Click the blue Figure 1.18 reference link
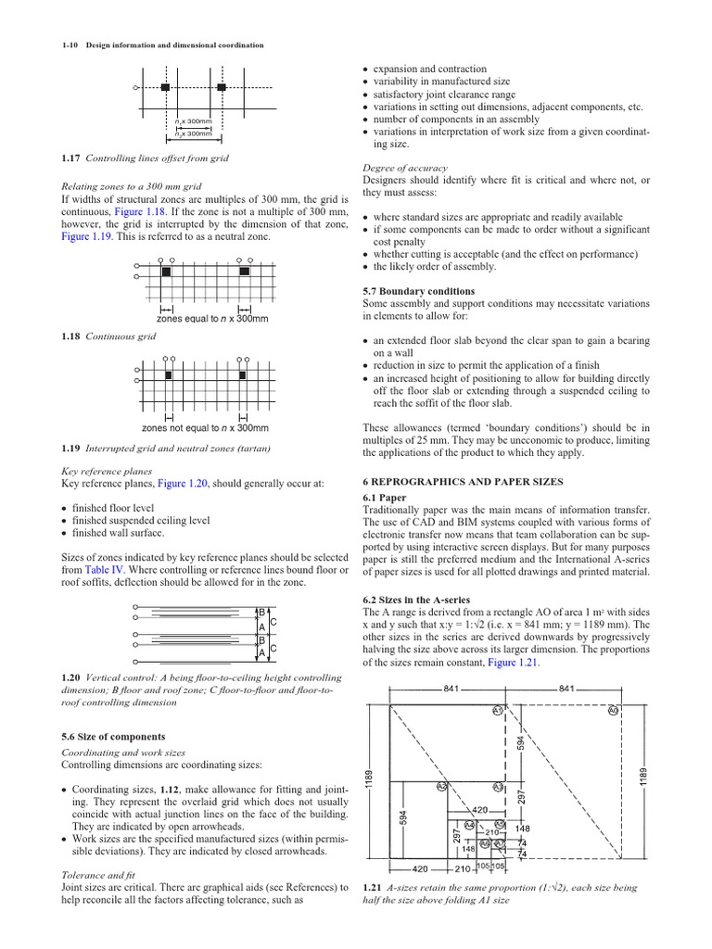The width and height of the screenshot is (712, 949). [x=141, y=211]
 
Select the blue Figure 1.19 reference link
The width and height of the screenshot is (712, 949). [x=89, y=236]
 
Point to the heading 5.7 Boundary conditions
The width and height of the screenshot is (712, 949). [x=419, y=291]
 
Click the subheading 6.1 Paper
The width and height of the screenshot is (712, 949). [x=384, y=498]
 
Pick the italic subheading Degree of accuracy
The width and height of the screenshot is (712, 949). [x=405, y=168]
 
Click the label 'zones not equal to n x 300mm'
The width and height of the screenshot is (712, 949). [x=205, y=428]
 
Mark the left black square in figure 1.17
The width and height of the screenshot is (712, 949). [x=165, y=87]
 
